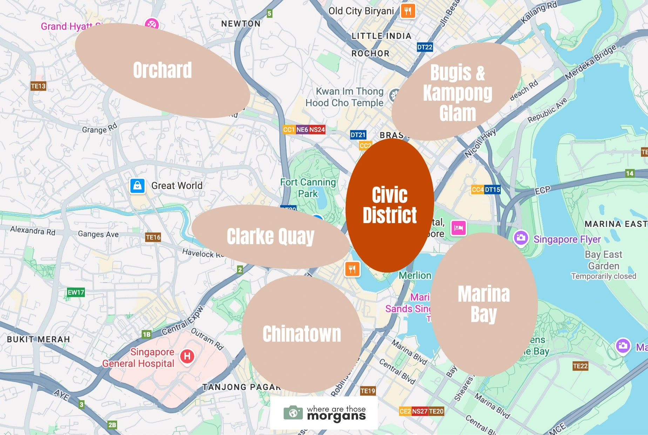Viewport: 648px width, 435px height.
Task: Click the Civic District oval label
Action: click(390, 205)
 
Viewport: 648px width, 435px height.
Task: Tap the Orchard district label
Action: click(162, 70)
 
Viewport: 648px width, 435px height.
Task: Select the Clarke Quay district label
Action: click(270, 236)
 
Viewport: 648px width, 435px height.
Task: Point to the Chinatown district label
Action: click(302, 334)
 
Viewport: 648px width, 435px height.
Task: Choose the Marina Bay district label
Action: click(484, 304)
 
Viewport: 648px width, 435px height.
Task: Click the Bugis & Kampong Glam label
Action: click(457, 93)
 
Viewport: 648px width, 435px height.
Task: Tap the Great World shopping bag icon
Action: click(137, 186)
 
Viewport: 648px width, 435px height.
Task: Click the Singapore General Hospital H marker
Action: click(187, 356)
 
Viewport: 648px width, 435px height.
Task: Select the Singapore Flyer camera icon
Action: click(521, 238)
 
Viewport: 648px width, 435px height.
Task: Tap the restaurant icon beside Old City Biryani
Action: click(407, 11)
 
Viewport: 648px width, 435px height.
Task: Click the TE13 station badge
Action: click(38, 86)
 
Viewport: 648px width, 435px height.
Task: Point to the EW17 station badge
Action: click(76, 292)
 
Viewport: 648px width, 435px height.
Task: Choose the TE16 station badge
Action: click(153, 237)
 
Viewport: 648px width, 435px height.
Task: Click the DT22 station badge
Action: click(425, 47)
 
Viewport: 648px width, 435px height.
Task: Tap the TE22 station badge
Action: click(580, 366)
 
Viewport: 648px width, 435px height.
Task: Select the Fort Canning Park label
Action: click(308, 188)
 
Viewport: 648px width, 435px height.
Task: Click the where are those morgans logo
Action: click(324, 413)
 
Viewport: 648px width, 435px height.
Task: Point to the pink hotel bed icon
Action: click(459, 228)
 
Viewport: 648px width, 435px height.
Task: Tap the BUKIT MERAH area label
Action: click(39, 339)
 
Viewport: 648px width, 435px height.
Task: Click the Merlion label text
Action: click(415, 275)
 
